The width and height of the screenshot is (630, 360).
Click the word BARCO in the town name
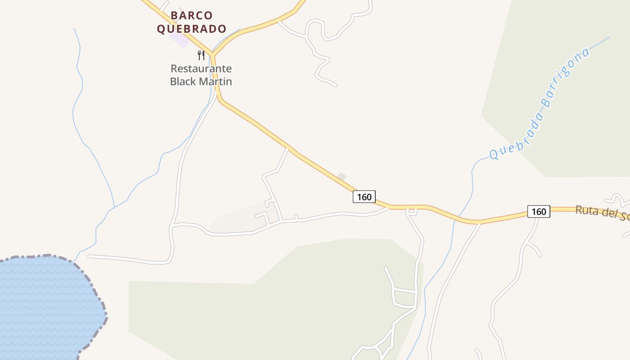coord(192,16)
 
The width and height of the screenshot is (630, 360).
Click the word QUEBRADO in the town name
coord(192,29)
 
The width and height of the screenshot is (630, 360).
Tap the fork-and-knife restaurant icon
coord(201,55)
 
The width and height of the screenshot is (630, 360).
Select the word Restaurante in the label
coord(201,69)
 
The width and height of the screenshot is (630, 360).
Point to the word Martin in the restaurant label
coord(215,81)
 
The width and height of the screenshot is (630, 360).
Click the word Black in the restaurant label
coord(183,81)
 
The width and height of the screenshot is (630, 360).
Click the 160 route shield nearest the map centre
coord(364,197)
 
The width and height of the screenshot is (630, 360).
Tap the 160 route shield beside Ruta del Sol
coord(539,211)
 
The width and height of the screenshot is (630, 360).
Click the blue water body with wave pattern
coord(45,306)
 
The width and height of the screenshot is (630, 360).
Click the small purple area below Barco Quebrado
coord(180,40)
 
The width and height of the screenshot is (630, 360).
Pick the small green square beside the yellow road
coord(342,177)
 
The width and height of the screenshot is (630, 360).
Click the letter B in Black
coord(173,81)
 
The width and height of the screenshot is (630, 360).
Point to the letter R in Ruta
coord(579,210)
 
